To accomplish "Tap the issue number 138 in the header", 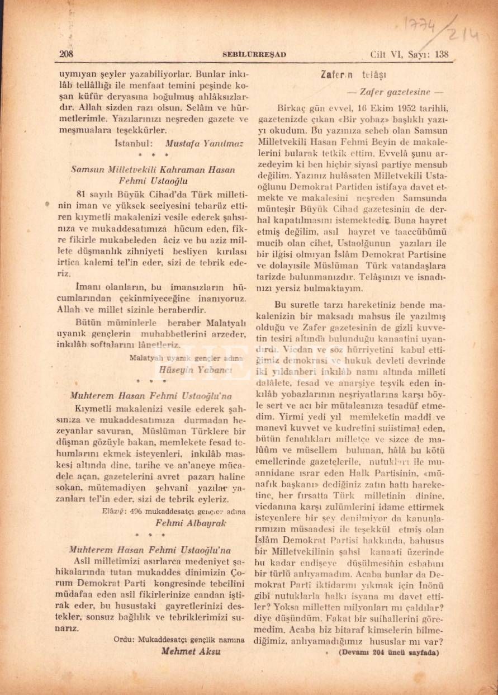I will (x=441, y=54).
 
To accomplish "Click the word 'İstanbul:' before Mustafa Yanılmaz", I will (x=131, y=142).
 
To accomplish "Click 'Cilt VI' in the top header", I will (x=388, y=54).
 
